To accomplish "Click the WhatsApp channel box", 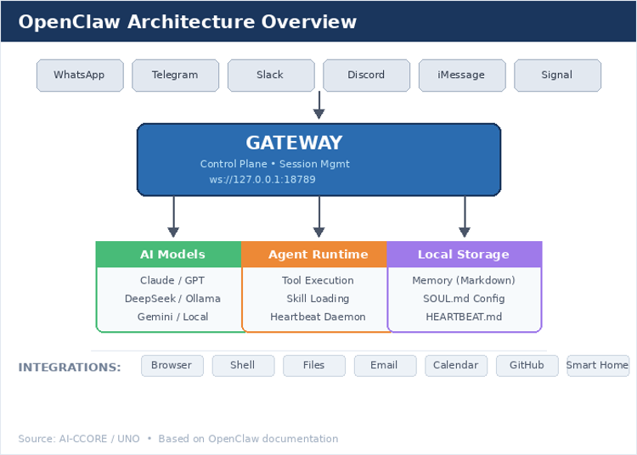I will [80, 76].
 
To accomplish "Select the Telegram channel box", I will [175, 76].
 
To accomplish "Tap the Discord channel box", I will [366, 76].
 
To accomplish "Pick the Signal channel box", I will [557, 76].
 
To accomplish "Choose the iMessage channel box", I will [461, 76].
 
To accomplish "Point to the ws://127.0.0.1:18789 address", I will [262, 180].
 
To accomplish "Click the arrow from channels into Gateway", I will [319, 106].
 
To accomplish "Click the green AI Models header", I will [172, 255].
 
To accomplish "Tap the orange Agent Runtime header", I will [318, 255].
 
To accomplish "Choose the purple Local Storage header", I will [464, 255].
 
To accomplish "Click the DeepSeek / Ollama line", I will [172, 299].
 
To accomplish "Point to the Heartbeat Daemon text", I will [318, 317].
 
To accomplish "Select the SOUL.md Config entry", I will [464, 299].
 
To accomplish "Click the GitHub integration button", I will [527, 366].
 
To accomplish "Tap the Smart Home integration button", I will [598, 366].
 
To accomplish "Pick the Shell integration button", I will [243, 366].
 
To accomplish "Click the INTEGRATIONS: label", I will [70, 368].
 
